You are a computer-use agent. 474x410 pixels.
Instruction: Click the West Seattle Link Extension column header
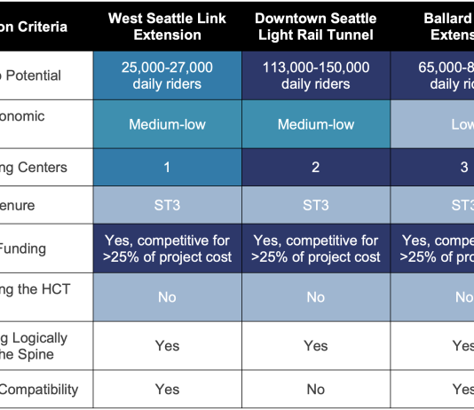pos(167,27)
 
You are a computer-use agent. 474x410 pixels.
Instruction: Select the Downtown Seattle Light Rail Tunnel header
pos(315,27)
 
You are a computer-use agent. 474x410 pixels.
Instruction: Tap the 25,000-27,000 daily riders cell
pos(167,75)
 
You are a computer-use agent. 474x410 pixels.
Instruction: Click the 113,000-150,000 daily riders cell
pos(315,75)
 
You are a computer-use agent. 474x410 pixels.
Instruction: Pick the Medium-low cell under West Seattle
pos(167,124)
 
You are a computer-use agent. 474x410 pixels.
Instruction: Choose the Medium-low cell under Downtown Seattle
pos(315,124)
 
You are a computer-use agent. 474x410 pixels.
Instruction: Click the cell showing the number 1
pos(167,167)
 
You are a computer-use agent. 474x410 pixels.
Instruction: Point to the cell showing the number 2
pos(315,167)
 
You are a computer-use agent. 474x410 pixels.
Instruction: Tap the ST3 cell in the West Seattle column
pos(167,205)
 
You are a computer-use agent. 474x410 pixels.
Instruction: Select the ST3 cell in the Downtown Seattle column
pos(315,205)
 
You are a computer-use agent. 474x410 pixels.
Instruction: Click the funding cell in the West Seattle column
pos(167,248)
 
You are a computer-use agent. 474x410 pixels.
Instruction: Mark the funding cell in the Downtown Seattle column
pos(315,248)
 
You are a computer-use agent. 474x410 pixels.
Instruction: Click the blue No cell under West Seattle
pos(167,297)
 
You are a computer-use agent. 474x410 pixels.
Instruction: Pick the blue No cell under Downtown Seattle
pos(315,297)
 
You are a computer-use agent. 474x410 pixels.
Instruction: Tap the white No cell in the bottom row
pos(315,389)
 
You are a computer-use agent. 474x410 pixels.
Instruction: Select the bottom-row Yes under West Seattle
pos(167,389)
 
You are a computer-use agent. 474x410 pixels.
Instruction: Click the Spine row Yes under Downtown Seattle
pos(315,345)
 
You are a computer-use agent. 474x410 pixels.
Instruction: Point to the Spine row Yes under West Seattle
pos(167,345)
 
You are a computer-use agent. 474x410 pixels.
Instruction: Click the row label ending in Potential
pos(31,75)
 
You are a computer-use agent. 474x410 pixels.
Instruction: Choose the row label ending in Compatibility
pos(40,389)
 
